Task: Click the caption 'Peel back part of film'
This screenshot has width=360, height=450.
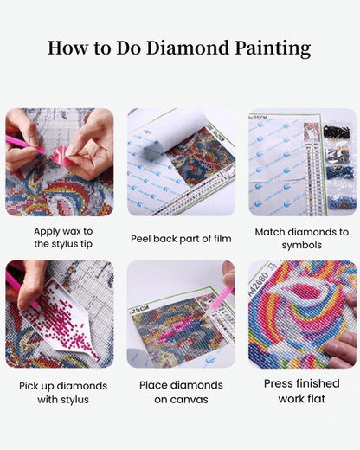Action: (180, 238)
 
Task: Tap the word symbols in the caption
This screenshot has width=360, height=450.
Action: (302, 245)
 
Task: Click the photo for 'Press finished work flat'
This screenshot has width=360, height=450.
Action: (302, 314)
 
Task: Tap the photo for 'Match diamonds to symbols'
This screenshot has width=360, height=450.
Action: (302, 162)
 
